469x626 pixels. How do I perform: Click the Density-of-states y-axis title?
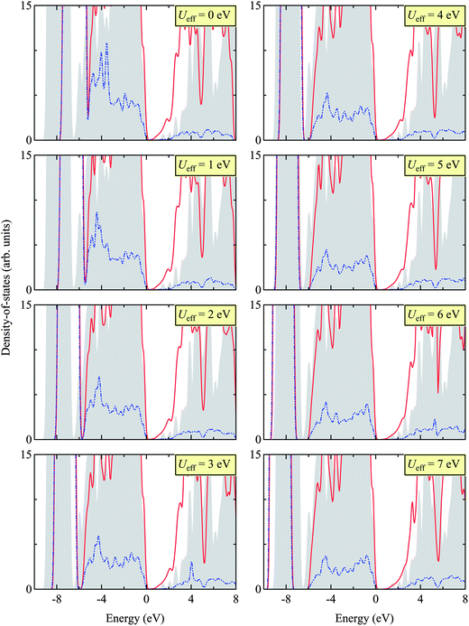point(7,298)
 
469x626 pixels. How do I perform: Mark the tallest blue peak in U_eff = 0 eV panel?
point(106,43)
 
